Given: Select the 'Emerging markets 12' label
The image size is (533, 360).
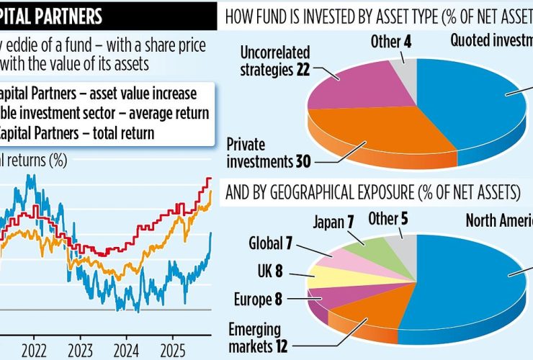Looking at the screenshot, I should (259, 337).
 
